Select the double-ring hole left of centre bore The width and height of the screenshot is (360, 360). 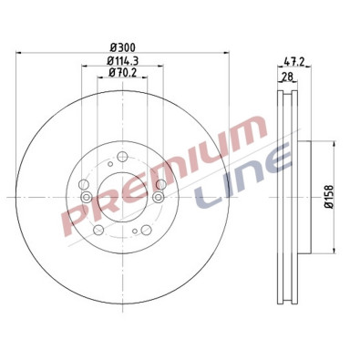(84, 193)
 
